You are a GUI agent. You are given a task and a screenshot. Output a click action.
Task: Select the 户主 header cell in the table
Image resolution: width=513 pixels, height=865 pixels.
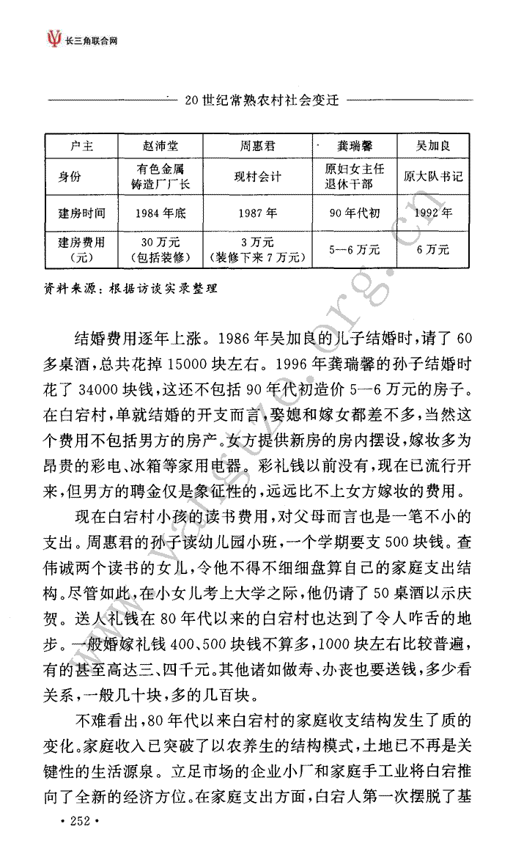pos(81,145)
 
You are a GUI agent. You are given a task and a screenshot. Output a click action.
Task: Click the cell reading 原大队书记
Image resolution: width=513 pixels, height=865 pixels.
pos(434,177)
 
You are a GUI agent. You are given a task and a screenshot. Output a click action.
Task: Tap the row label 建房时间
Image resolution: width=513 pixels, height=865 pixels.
pos(81,213)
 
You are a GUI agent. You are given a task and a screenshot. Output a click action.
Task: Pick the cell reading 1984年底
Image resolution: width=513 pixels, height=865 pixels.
pos(160,213)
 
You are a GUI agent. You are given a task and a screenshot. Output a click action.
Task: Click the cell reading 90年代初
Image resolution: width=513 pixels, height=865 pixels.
pos(355,213)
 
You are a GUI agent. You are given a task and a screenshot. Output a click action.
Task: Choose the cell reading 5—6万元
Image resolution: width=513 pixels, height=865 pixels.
pos(355,249)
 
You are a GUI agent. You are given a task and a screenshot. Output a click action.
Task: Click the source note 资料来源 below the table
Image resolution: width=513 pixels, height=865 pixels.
pos(131,288)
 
